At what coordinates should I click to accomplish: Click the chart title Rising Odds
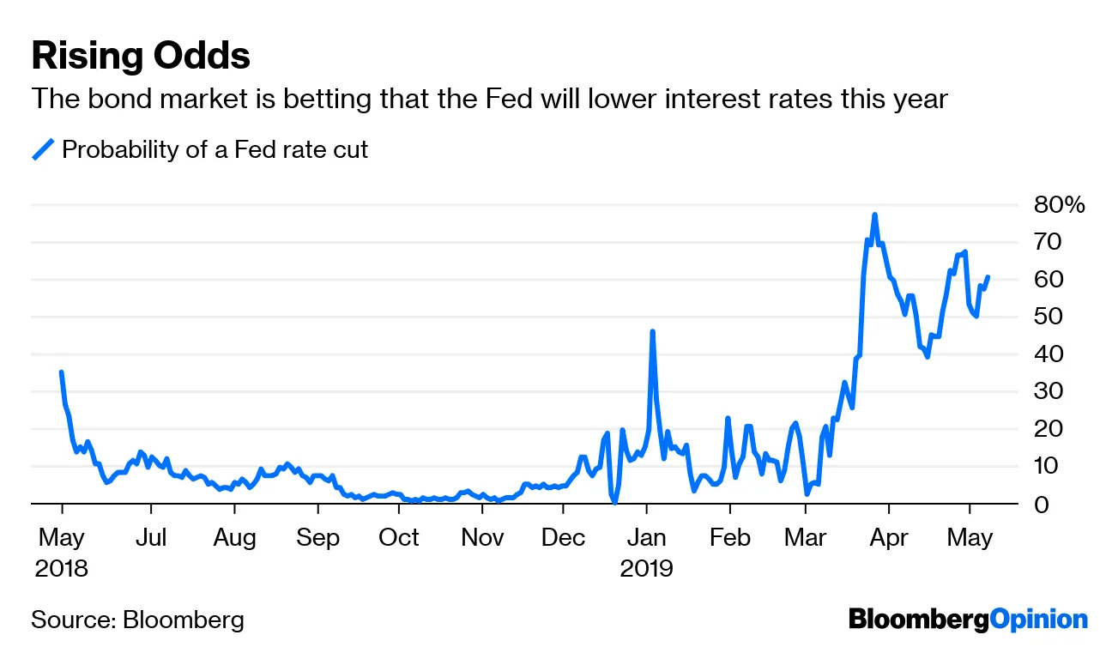coord(141,57)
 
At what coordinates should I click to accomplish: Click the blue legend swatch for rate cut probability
coord(43,149)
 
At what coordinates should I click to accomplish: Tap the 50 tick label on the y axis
coord(1051,317)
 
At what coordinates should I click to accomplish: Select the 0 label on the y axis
coord(1042,504)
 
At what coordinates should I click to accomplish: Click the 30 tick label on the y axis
coord(1051,391)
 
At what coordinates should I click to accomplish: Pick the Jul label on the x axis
coord(151,538)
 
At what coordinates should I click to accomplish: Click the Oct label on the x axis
coord(399,538)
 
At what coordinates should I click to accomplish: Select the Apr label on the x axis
coord(888,538)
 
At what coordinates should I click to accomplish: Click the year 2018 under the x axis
coord(62,568)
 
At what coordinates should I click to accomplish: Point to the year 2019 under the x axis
coord(647,568)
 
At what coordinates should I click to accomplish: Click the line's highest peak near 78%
coord(874,215)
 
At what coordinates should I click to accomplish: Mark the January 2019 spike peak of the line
coord(653,331)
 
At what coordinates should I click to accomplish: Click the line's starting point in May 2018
coord(61,372)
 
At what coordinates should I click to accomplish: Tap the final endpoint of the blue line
coord(988,277)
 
